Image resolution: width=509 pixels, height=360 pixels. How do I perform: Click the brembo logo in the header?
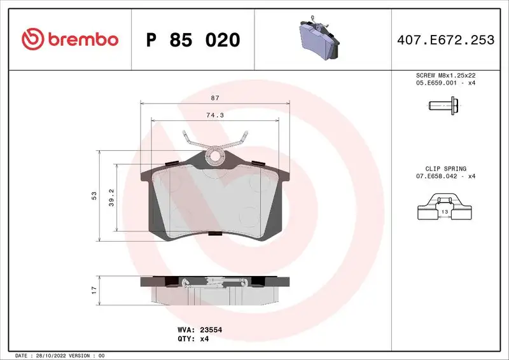pos(69,39)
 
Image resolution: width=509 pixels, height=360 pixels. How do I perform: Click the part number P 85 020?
pos(193,40)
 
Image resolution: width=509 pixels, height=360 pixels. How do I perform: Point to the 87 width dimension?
pos(215,98)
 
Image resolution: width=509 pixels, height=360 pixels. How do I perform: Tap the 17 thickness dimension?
pos(94,289)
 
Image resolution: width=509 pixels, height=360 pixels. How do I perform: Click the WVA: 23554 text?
pos(199,330)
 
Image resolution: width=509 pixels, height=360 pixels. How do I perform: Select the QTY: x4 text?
pos(193,339)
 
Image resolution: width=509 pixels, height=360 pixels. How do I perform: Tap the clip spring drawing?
pos(444,212)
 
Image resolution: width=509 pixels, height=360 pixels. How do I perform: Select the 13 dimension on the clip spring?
pos(445,211)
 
